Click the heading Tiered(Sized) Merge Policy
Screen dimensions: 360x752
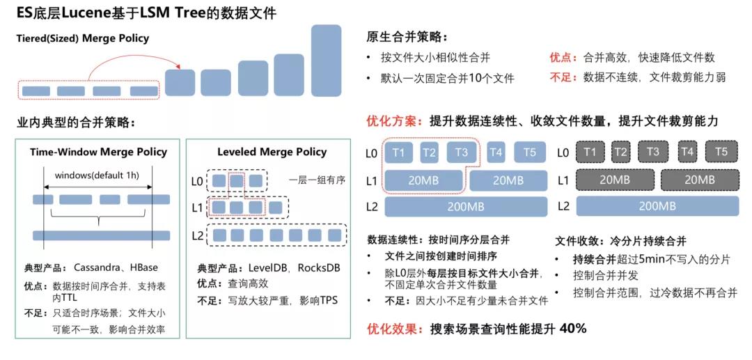coord(83,38)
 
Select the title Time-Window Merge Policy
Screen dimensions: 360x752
coord(98,152)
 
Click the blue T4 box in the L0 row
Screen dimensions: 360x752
coord(496,152)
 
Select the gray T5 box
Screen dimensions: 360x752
coord(721,152)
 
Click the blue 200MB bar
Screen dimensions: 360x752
coord(466,206)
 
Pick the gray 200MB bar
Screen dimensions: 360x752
coord(657,206)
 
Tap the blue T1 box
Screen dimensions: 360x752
coord(399,152)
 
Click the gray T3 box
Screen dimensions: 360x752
coord(652,152)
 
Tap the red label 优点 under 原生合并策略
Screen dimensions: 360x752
coord(562,58)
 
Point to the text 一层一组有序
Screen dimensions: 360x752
coord(317,180)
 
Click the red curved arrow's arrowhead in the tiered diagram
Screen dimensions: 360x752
coord(178,68)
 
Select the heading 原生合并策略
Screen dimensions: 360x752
coord(407,37)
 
